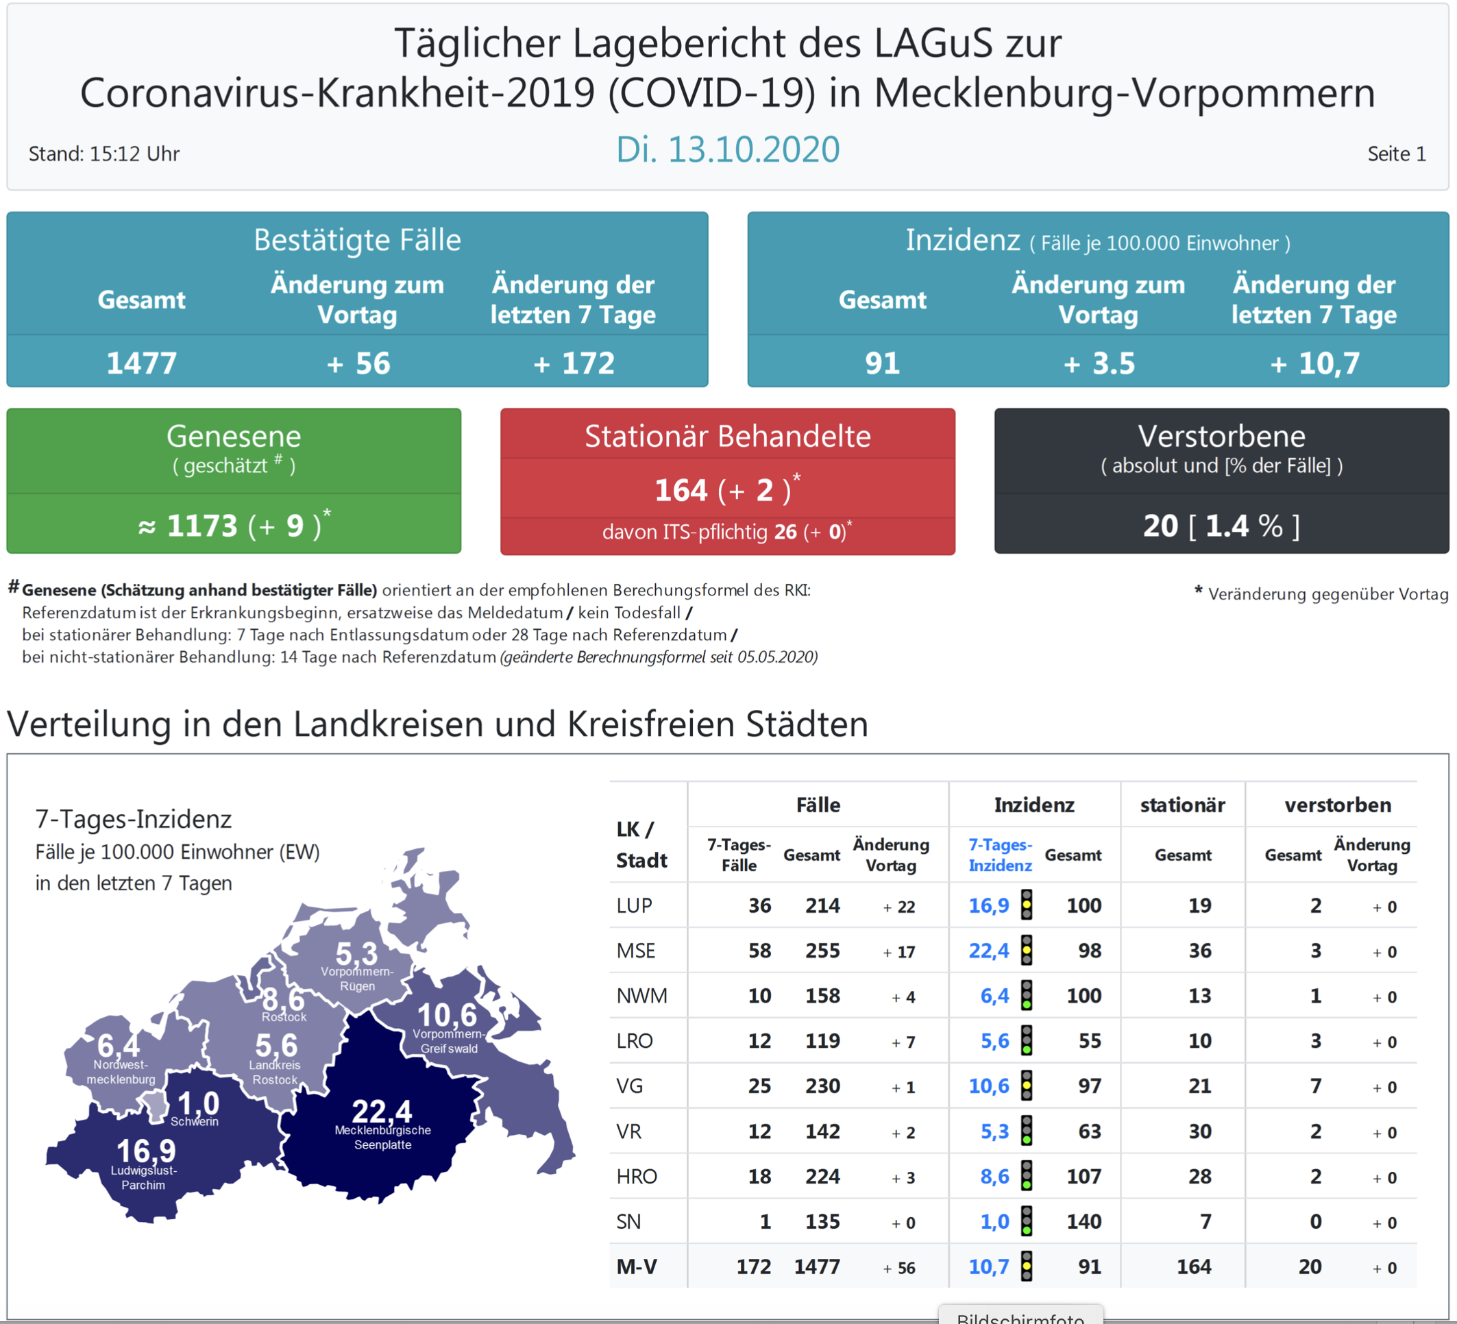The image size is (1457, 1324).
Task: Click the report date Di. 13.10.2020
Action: (x=727, y=149)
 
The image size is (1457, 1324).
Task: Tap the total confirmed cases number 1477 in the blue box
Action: (x=141, y=363)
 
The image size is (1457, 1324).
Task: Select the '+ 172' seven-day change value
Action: (x=574, y=363)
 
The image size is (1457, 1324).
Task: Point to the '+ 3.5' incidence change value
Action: (x=1099, y=363)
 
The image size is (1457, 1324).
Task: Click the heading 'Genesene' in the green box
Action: (x=234, y=436)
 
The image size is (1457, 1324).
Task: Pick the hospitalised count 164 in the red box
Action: (x=681, y=490)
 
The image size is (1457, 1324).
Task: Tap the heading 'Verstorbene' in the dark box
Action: (x=1221, y=436)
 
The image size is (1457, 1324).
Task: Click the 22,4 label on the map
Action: (x=382, y=1111)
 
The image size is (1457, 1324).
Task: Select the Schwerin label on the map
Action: (x=195, y=1122)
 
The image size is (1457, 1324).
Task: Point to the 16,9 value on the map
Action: (x=146, y=1151)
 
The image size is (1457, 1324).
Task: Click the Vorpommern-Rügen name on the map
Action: (x=357, y=979)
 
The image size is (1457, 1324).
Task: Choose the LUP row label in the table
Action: (x=634, y=905)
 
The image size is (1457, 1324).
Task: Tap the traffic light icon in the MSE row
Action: (x=1026, y=951)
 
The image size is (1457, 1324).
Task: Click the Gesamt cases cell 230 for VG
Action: (x=822, y=1086)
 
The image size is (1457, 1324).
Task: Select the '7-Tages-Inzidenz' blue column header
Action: (x=1001, y=855)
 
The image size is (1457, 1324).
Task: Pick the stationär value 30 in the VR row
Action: (x=1200, y=1131)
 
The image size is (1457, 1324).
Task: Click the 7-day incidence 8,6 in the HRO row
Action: (x=994, y=1177)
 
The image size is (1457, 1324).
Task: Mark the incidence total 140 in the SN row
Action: (x=1084, y=1221)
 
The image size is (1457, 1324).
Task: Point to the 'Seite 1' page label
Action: (x=1396, y=154)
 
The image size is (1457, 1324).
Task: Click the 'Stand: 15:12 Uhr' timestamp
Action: (x=104, y=154)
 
